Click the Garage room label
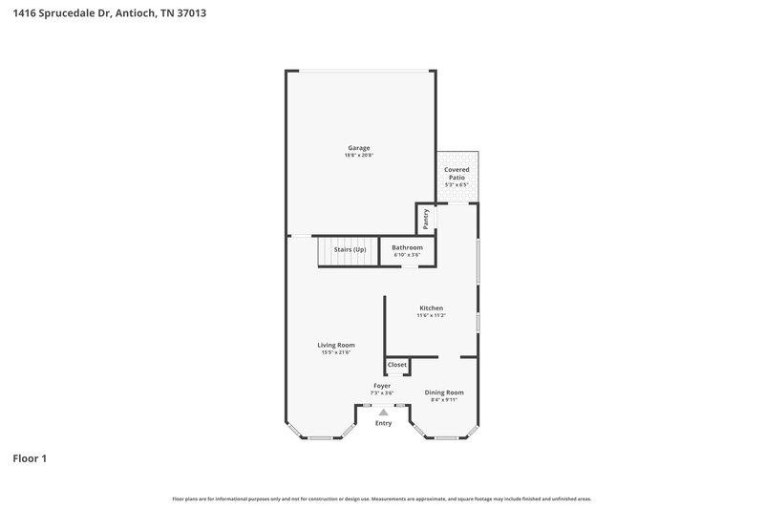pyautogui.click(x=358, y=148)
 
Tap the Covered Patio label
pyautogui.click(x=456, y=173)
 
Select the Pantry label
pyautogui.click(x=426, y=219)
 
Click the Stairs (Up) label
pyautogui.click(x=350, y=250)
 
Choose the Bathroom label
pyautogui.click(x=407, y=247)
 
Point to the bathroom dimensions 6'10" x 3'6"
pyautogui.click(x=407, y=255)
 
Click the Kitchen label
pyautogui.click(x=431, y=308)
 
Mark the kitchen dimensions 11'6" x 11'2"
pyautogui.click(x=431, y=315)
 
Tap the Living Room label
pyautogui.click(x=336, y=345)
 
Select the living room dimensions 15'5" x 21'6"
pyautogui.click(x=336, y=352)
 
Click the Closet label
pyautogui.click(x=397, y=365)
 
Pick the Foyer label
pyautogui.click(x=382, y=386)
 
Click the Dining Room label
pyautogui.click(x=444, y=392)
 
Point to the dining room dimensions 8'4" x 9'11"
pyautogui.click(x=444, y=400)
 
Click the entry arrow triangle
pyautogui.click(x=383, y=412)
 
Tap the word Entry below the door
pyautogui.click(x=383, y=423)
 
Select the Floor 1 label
pyautogui.click(x=30, y=458)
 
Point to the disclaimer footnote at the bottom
pyautogui.click(x=382, y=498)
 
